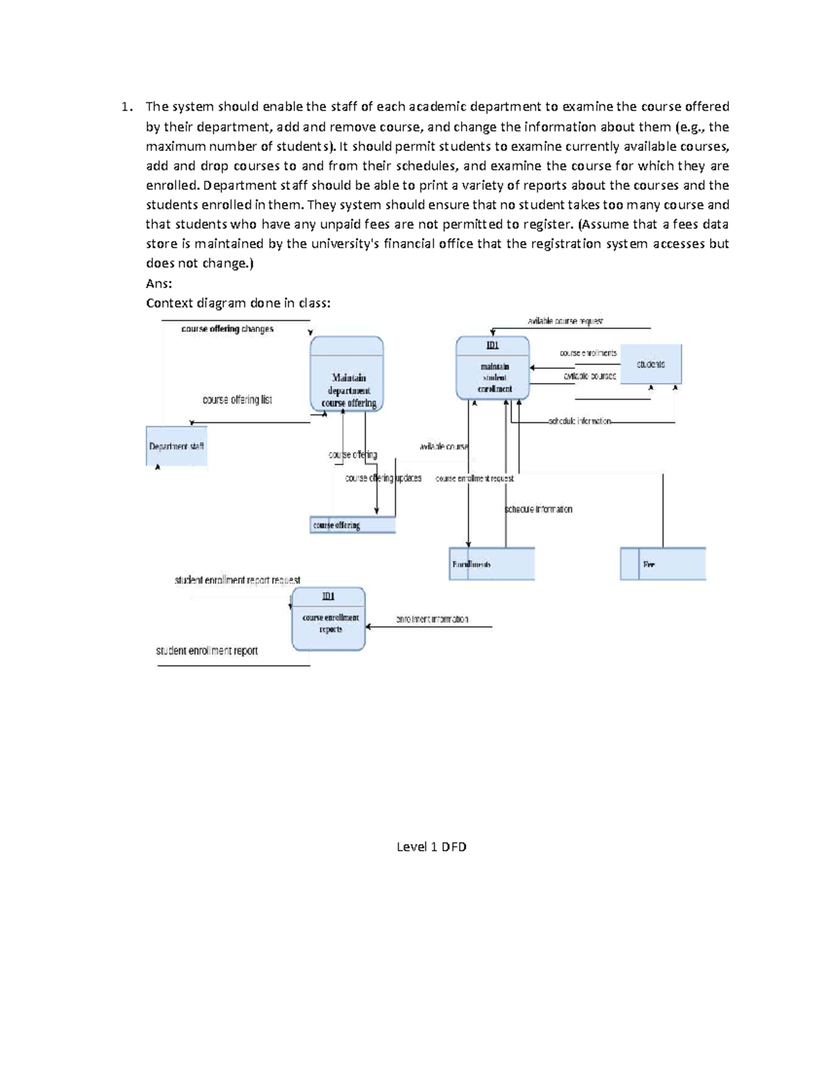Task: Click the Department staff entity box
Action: pos(176,446)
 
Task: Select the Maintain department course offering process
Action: pos(347,375)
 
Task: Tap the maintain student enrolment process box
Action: pos(493,369)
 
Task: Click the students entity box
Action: pos(651,364)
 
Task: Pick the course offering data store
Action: pos(352,526)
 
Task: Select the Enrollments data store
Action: pos(491,564)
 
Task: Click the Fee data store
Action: pos(662,564)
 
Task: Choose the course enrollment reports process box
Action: pos(329,619)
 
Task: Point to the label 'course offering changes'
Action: pos(227,329)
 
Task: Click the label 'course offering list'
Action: pos(237,400)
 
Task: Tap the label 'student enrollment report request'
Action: pos(237,580)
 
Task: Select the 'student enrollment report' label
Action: pos(207,651)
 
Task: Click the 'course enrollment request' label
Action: pos(474,478)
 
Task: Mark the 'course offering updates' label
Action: pos(383,478)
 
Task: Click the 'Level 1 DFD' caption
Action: pos(431,847)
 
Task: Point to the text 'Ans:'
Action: pos(159,283)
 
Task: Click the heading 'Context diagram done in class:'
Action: pos(238,302)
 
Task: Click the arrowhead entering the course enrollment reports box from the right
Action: pos(369,627)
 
